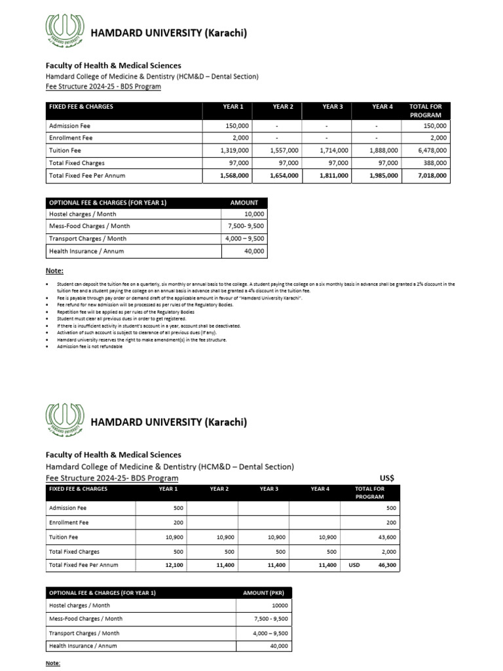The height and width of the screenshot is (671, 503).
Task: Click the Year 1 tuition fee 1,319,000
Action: click(234, 150)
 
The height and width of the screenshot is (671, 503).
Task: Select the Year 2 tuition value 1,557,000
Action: click(284, 150)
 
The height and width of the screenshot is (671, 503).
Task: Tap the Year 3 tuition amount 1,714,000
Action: click(334, 150)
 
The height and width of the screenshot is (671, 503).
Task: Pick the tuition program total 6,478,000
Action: click(432, 150)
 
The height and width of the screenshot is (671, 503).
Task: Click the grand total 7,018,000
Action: click(432, 176)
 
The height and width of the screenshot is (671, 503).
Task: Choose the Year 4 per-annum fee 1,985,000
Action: click(383, 176)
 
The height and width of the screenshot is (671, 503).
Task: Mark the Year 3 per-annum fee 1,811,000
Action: click(333, 176)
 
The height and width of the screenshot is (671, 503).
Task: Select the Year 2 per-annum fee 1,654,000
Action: click(284, 176)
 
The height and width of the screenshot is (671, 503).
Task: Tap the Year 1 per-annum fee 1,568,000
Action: click(234, 176)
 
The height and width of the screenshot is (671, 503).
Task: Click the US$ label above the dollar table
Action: click(388, 478)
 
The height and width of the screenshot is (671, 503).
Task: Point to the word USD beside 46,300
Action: click(354, 565)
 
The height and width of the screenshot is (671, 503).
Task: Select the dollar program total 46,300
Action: click(386, 565)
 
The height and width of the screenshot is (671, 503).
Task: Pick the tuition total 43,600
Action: click(386, 537)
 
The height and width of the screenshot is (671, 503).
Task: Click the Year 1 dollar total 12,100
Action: click(174, 565)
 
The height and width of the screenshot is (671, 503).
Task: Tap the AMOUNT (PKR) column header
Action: click(265, 592)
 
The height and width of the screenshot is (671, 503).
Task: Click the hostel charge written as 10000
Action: click(279, 605)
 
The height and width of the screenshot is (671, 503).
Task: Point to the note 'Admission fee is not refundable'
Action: click(90, 347)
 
